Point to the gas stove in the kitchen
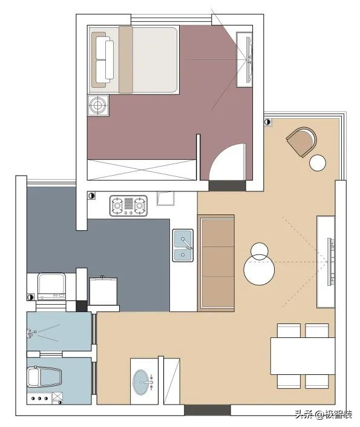[129, 206]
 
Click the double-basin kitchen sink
[183, 245]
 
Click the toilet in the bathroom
[44, 379]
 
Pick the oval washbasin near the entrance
[144, 382]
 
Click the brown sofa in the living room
[216, 262]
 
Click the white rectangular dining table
[303, 356]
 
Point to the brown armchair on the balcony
[301, 141]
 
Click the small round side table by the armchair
[318, 162]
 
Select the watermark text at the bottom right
[324, 414]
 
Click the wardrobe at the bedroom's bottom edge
[142, 169]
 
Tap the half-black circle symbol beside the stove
[91, 196]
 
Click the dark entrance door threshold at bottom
[208, 410]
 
